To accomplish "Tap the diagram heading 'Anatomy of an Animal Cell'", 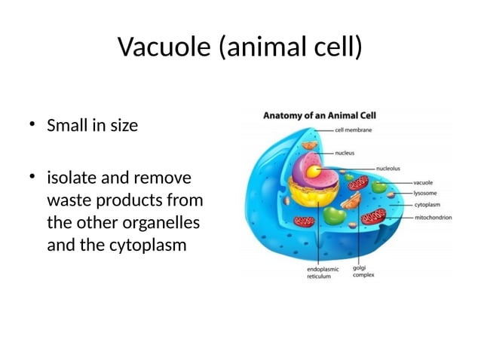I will (x=319, y=115).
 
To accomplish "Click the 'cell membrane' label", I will (x=357, y=130).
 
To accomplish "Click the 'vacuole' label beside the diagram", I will (x=424, y=182).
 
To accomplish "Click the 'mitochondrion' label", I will (x=434, y=217).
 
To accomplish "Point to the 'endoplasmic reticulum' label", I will (x=323, y=272).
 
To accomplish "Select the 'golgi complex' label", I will (x=363, y=272).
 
